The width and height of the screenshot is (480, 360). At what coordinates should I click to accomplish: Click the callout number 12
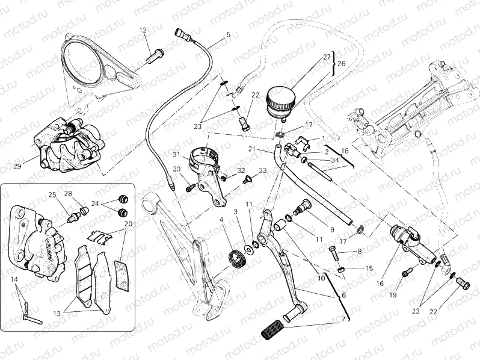pyautogui.click(x=143, y=30)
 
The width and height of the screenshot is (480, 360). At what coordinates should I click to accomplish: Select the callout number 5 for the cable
pyautogui.click(x=228, y=35)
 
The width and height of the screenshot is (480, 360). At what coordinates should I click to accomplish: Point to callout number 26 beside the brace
pyautogui.click(x=341, y=63)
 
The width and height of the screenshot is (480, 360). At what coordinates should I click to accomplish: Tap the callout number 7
pyautogui.click(x=343, y=319)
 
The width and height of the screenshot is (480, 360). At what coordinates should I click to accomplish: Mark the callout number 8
pyautogui.click(x=360, y=252)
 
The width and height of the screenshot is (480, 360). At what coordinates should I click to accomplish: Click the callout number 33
pyautogui.click(x=262, y=172)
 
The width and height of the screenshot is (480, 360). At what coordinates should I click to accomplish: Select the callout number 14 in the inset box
pyautogui.click(x=14, y=281)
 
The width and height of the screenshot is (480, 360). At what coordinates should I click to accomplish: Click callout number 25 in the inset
pyautogui.click(x=52, y=194)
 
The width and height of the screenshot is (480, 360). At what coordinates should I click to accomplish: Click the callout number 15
pyautogui.click(x=369, y=268)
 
